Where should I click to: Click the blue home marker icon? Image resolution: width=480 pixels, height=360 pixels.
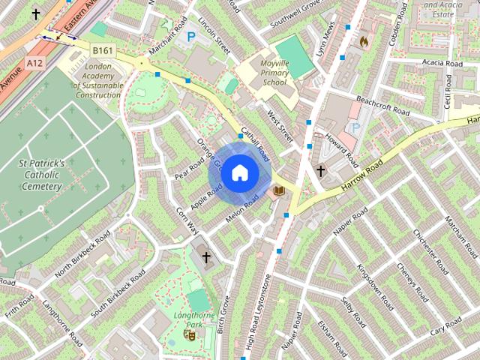pos(239,173)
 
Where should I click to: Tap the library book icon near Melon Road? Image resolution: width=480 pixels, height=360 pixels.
pos(279,192)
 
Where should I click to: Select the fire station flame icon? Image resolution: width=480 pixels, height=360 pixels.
pos(364,40)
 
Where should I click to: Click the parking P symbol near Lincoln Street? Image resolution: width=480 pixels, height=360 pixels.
pos(191,35)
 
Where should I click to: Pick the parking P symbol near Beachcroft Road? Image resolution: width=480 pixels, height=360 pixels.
pos(355,128)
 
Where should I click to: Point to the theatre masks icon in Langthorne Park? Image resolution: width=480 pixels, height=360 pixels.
pos(189,335)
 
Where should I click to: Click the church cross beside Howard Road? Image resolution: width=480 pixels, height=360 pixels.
pos(320,171)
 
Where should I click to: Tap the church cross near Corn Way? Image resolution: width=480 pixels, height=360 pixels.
pos(206,257)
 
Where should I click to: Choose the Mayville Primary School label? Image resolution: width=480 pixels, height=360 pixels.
pos(274,73)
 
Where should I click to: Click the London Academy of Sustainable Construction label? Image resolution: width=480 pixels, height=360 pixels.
pos(97,80)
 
